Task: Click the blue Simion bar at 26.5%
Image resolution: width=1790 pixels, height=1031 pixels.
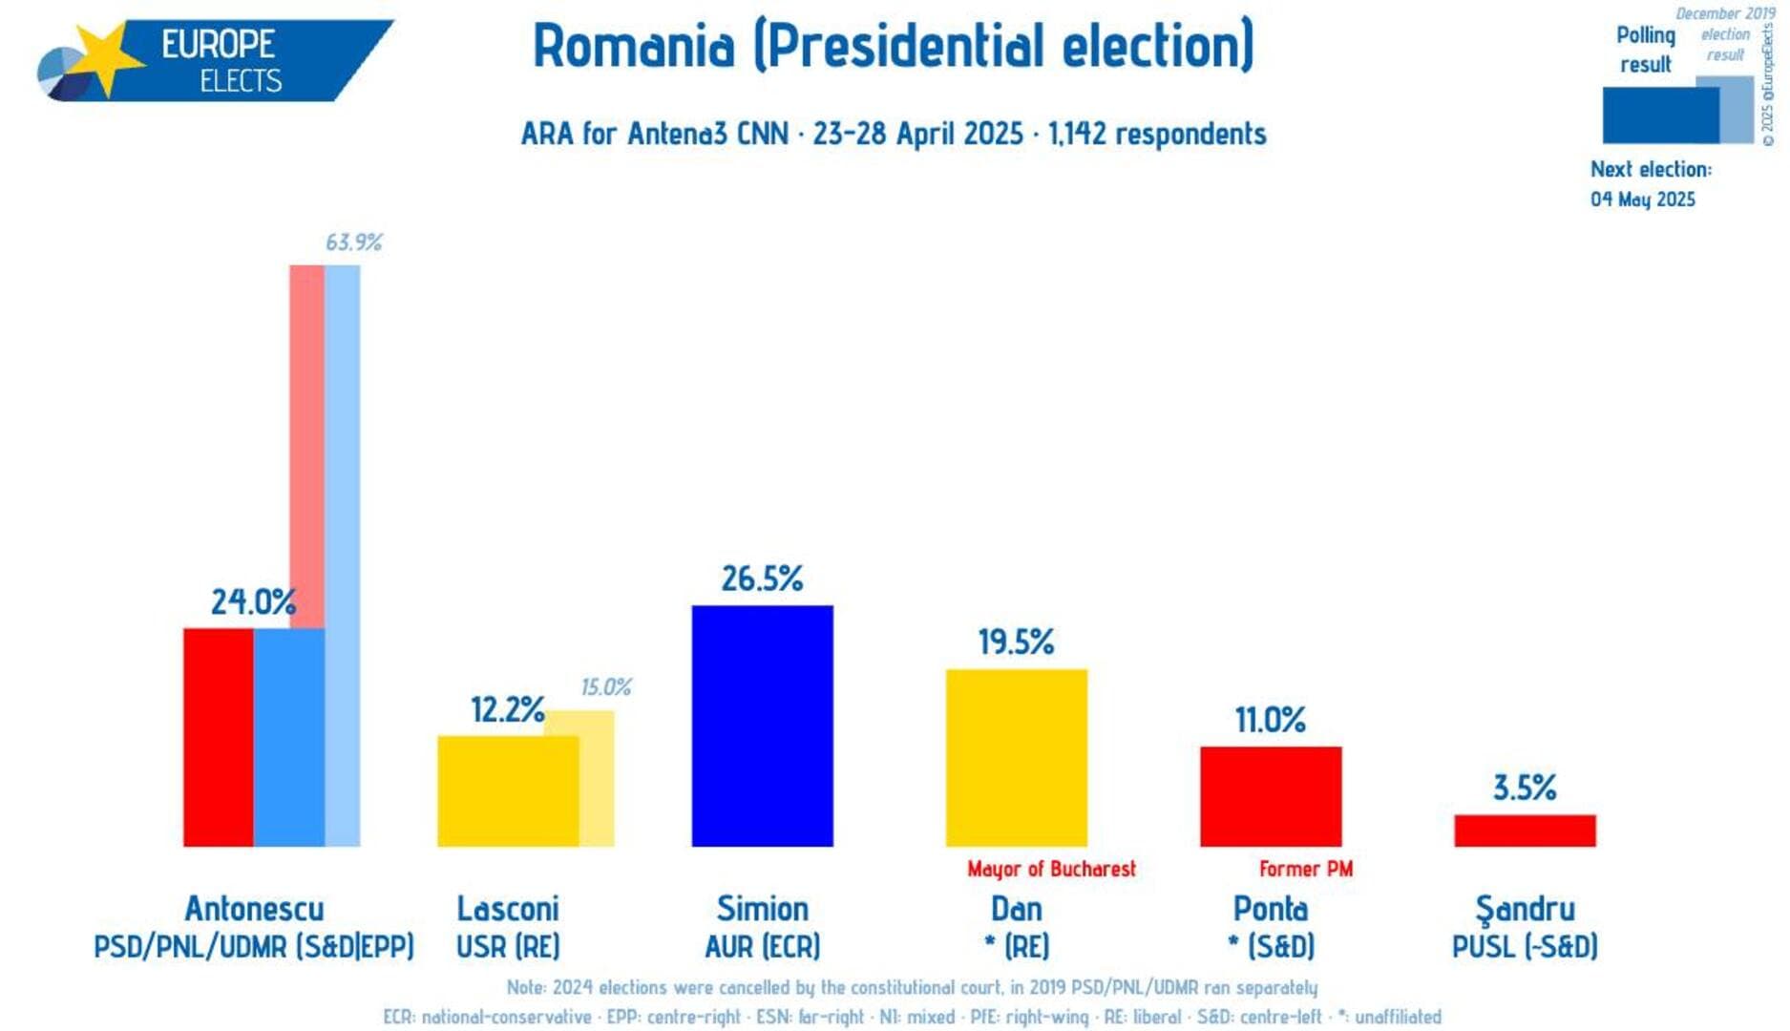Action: (762, 726)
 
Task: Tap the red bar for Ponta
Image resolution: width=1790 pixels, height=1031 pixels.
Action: (1270, 796)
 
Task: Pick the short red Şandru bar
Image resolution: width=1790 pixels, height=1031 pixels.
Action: (1524, 831)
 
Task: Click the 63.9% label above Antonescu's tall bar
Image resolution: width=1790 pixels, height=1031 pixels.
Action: (353, 242)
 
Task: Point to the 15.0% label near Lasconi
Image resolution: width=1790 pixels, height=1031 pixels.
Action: (605, 687)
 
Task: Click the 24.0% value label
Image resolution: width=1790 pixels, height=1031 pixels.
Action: (253, 602)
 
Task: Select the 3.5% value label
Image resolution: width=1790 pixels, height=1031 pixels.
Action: (1524, 789)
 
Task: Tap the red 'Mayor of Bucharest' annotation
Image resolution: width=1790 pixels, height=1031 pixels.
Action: (1051, 869)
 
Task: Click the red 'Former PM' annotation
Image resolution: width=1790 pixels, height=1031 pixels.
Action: (1305, 869)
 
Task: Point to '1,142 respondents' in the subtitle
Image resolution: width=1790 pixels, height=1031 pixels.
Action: (1157, 134)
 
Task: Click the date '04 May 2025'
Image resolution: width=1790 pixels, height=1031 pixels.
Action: (1642, 200)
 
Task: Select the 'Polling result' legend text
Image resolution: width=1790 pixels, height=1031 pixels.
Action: (1645, 50)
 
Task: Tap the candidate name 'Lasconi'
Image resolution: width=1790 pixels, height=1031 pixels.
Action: (507, 908)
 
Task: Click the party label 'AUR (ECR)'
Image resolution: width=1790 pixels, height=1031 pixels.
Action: (762, 947)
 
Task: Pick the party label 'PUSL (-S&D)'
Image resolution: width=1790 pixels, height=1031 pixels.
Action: (1524, 947)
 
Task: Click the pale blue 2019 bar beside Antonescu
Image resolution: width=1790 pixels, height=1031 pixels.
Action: (343, 554)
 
